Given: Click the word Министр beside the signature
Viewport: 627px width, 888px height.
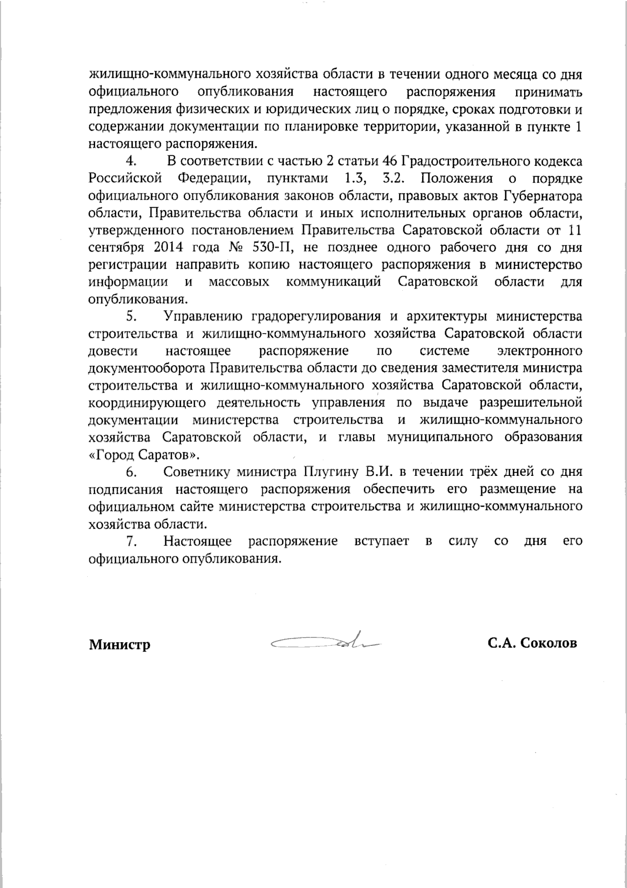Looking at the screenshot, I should (120, 644).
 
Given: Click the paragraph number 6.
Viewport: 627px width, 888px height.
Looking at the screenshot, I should (131, 472).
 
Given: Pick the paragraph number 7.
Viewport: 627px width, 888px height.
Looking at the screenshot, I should (131, 541).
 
